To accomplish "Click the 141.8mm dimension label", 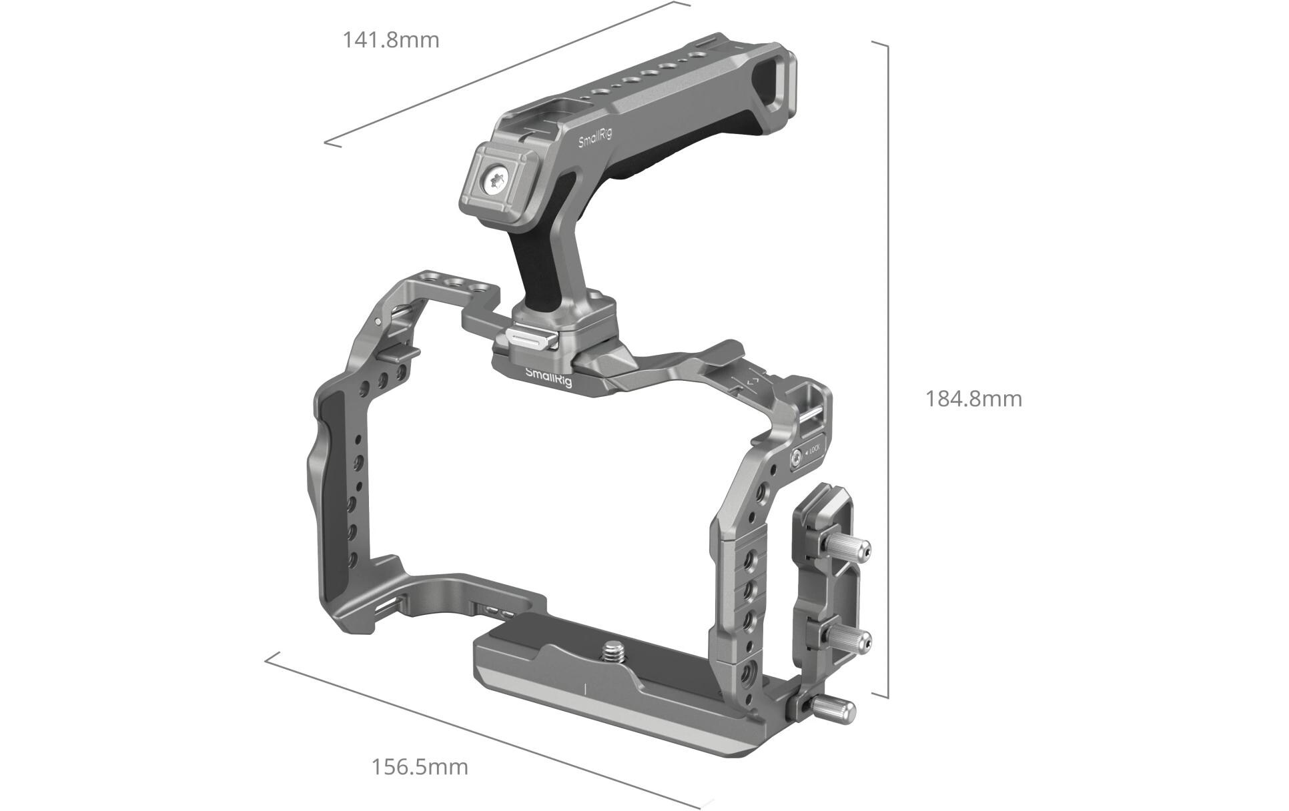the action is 391,40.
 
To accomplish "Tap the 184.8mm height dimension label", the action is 973,399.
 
